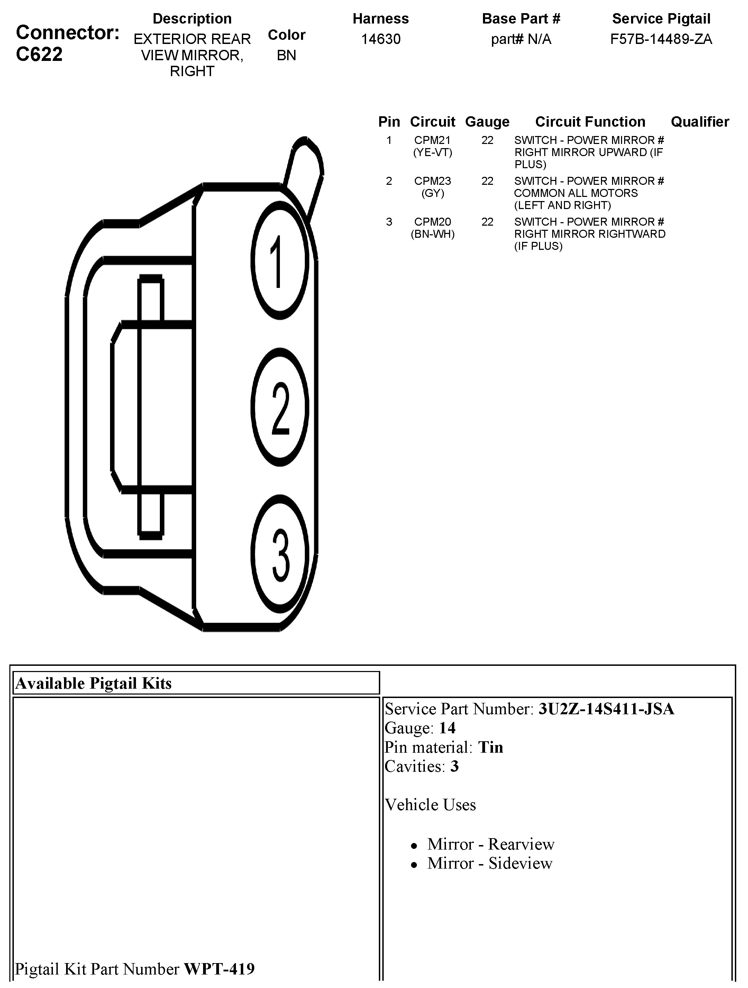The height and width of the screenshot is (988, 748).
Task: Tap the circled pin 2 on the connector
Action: [280, 407]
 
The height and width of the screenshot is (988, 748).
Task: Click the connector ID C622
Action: [39, 54]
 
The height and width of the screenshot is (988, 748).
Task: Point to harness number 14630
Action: [381, 39]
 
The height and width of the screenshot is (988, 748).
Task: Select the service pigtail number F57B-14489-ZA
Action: [661, 39]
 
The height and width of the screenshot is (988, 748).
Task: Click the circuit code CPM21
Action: [432, 140]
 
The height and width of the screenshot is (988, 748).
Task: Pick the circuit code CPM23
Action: [432, 181]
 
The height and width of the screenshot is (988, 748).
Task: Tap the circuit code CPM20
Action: [432, 221]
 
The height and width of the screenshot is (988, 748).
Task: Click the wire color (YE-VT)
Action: [432, 153]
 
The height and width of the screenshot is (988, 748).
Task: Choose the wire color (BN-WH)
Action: [432, 234]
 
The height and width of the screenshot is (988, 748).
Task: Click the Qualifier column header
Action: [700, 121]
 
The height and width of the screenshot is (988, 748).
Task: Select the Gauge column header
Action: [487, 121]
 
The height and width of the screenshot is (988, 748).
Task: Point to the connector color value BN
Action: [286, 55]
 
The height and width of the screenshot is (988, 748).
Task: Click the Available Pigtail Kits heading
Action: [94, 683]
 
